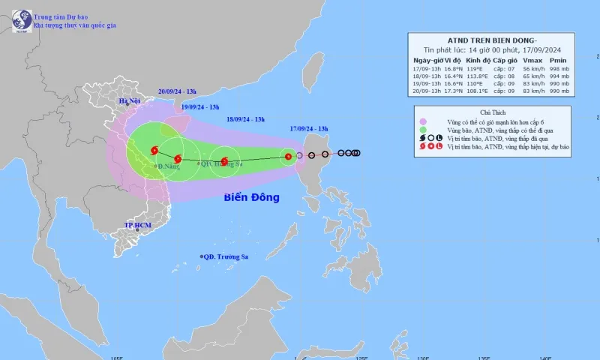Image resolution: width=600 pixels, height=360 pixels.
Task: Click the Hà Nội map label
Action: (x=130, y=100)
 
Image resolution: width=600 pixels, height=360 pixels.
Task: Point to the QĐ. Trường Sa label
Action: (x=225, y=256)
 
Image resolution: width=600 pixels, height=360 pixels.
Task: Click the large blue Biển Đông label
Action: (x=251, y=198)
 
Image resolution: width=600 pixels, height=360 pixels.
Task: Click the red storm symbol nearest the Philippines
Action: (x=287, y=157)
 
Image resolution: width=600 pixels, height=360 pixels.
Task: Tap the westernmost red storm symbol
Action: (x=154, y=150)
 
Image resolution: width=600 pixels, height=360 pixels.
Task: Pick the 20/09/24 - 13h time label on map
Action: (x=178, y=91)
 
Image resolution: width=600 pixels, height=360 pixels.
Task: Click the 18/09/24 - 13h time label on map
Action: (x=245, y=118)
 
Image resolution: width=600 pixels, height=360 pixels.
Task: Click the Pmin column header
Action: (x=558, y=60)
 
